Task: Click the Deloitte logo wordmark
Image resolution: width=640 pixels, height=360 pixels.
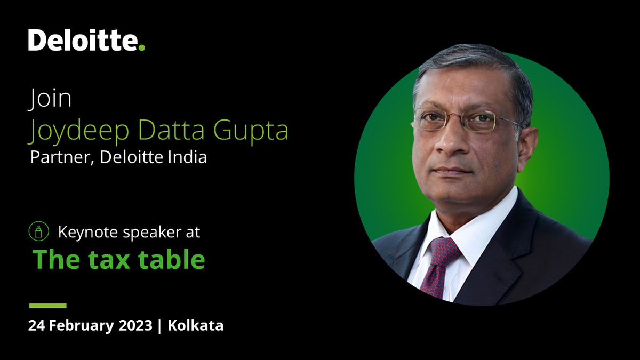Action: (x=83, y=41)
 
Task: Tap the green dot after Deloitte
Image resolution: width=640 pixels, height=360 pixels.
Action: (x=141, y=48)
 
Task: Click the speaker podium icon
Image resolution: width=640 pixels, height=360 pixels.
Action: (x=38, y=232)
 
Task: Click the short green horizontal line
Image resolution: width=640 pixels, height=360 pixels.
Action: (x=47, y=306)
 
